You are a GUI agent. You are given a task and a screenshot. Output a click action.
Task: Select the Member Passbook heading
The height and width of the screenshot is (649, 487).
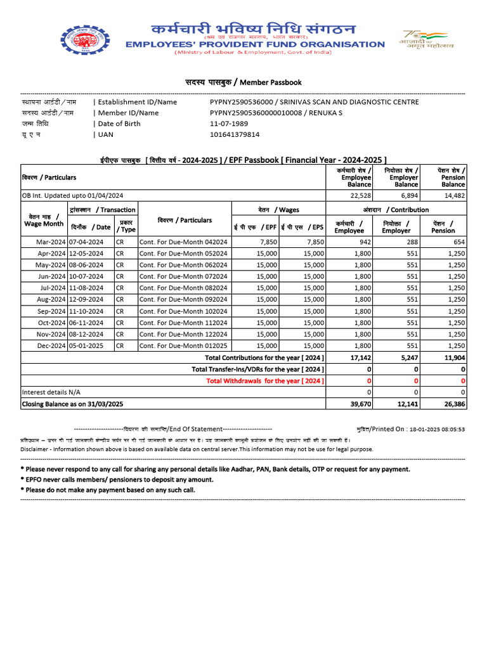[x=243, y=82]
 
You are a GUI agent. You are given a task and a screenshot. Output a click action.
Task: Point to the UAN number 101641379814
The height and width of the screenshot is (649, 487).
[x=235, y=134]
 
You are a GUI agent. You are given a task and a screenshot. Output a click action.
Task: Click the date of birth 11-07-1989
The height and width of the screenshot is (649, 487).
[x=229, y=124]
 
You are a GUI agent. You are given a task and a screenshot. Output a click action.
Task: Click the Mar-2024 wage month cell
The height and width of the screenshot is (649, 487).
[x=51, y=241]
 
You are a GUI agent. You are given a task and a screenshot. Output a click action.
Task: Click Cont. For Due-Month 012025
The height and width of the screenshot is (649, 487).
[x=183, y=345]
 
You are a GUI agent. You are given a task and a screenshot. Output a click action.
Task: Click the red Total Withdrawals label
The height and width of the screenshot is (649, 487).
[x=266, y=380]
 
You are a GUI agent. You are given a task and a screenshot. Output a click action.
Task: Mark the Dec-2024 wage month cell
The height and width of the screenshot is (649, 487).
[x=51, y=345]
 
